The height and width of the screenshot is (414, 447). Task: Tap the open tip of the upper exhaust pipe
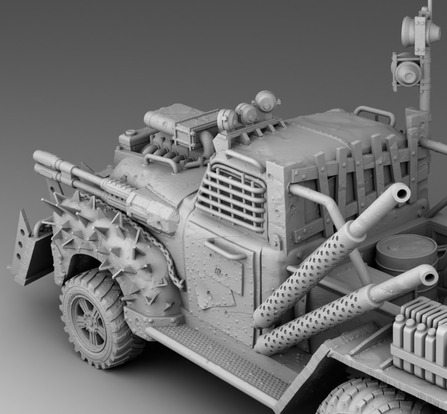402,194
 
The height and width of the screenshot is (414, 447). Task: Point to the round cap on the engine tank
130,132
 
